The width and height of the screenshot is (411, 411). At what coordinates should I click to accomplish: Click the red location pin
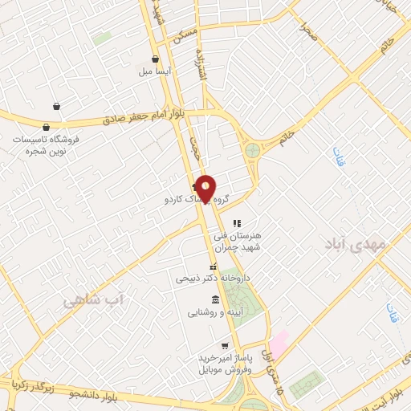pos(206,188)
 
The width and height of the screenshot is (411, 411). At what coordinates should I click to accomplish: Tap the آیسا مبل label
pos(155,71)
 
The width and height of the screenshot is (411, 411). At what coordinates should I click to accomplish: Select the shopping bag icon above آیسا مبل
pos(155,59)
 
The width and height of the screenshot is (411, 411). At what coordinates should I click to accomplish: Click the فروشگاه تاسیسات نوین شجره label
pos(44,144)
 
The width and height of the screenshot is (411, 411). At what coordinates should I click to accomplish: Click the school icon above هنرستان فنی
pos(236,223)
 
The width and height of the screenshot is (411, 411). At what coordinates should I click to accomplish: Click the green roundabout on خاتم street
pos(253,150)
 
